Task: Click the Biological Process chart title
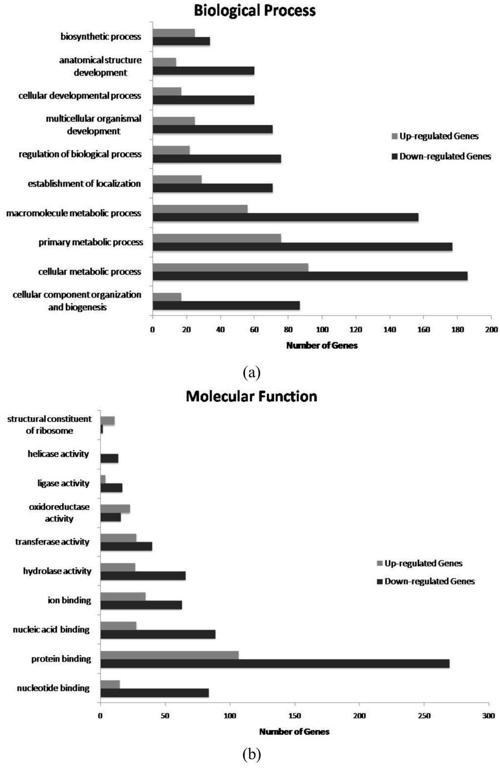254,11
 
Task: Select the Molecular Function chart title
251,396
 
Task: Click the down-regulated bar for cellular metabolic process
310,276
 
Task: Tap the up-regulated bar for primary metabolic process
217,238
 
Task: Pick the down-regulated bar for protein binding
274,663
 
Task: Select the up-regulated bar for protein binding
169,655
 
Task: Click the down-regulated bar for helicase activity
109,458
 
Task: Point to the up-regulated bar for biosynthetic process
173,33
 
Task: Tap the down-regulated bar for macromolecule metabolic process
285,217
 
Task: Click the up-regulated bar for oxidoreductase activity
115,509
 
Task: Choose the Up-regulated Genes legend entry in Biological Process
435,136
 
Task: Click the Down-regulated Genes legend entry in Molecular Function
425,581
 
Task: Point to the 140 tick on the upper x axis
390,330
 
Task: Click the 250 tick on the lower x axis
424,716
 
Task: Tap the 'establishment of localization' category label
84,184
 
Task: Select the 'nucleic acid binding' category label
51,630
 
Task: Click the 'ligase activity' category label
63,483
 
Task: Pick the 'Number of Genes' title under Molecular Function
294,732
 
